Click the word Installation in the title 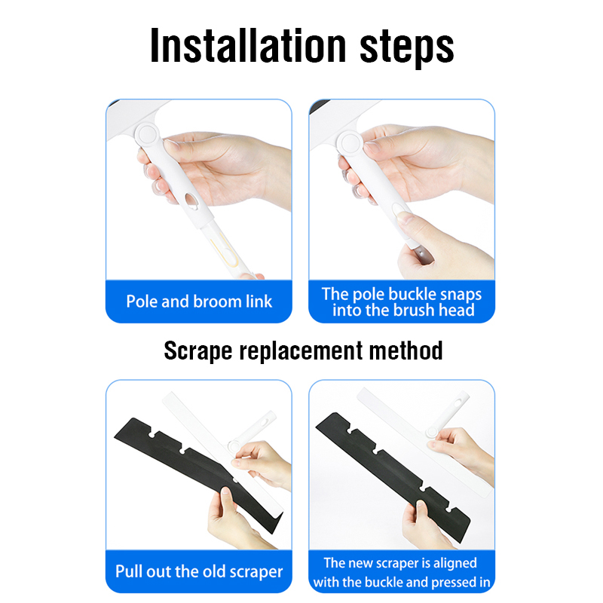248,45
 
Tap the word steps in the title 407,47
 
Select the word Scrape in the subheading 198,351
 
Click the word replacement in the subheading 301,351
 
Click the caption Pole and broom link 199,301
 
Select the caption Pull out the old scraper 199,571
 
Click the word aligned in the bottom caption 455,563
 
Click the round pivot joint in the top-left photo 147,135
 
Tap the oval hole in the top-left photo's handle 191,200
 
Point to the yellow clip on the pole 225,250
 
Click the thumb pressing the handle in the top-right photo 407,219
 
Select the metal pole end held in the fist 422,256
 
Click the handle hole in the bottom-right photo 458,404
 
